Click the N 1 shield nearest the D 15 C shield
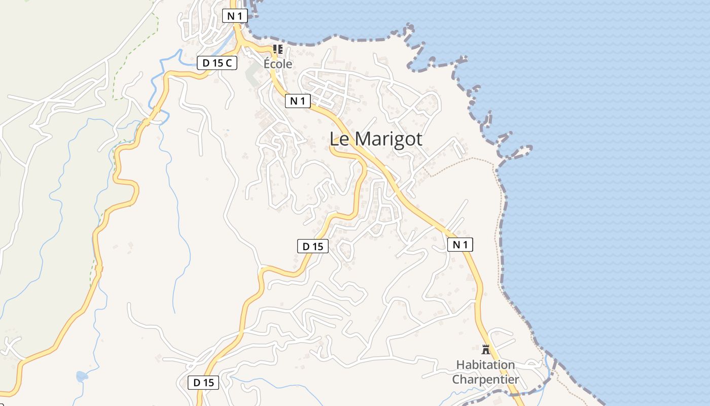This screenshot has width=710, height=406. (x=234, y=16)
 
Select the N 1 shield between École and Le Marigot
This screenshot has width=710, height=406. (x=297, y=101)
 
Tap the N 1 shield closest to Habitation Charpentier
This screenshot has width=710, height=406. (x=460, y=245)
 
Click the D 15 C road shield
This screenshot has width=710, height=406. (x=217, y=63)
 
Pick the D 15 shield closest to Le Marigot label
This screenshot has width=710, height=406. (x=312, y=247)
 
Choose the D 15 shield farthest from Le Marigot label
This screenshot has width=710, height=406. (x=204, y=383)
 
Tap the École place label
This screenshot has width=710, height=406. (x=278, y=64)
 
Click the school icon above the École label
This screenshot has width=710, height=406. (x=277, y=49)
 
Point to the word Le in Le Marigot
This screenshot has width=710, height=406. (x=339, y=139)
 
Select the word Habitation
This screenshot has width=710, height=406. (x=485, y=365)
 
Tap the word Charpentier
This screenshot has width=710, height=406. (x=485, y=379)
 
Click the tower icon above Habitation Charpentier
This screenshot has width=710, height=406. (x=486, y=349)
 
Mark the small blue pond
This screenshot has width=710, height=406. (x=81, y=376)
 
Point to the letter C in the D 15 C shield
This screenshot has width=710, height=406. (x=229, y=63)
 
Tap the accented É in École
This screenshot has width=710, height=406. (x=267, y=63)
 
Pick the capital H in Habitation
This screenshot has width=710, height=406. (x=460, y=365)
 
